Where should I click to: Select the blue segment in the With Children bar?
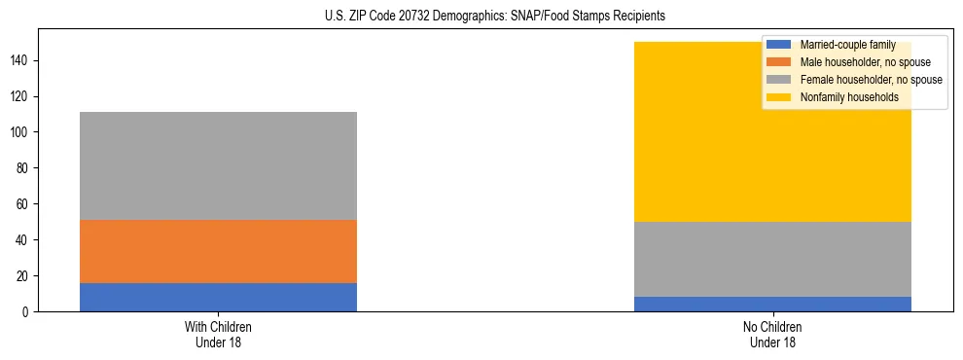point(218,297)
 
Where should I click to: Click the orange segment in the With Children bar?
point(218,251)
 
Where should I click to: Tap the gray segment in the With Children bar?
point(218,165)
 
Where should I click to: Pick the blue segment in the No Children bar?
point(772,304)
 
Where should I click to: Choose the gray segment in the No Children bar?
point(772,259)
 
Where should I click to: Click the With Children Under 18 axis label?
point(218,334)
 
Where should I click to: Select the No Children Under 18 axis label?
point(772,334)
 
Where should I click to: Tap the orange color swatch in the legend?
point(779,62)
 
